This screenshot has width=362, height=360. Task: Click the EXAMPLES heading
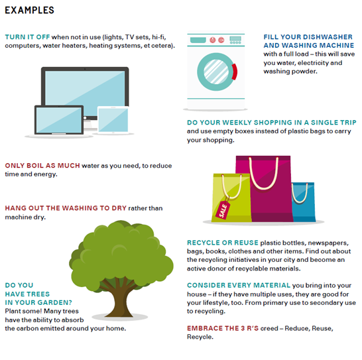[x=29, y=10]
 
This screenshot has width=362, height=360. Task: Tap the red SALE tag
[x=223, y=210]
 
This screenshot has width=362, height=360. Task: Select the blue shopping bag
[x=304, y=202]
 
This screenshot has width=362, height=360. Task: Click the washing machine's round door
[x=216, y=72]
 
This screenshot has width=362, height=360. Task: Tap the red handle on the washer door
[x=235, y=72]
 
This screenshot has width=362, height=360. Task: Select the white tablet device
[x=113, y=119]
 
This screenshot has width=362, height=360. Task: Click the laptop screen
[x=59, y=120]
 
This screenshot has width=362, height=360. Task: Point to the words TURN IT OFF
[x=27, y=37]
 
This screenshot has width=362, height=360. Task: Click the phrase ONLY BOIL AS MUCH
[x=42, y=166]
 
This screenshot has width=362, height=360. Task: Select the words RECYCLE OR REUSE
[x=223, y=243]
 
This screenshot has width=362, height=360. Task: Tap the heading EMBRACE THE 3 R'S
[x=223, y=328]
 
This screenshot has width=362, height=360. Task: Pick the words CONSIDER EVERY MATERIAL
[x=239, y=285]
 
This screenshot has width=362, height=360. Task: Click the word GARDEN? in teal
[x=55, y=302]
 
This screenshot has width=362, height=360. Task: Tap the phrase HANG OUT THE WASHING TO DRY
[x=66, y=208]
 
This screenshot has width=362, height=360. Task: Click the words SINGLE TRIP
[x=333, y=123]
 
